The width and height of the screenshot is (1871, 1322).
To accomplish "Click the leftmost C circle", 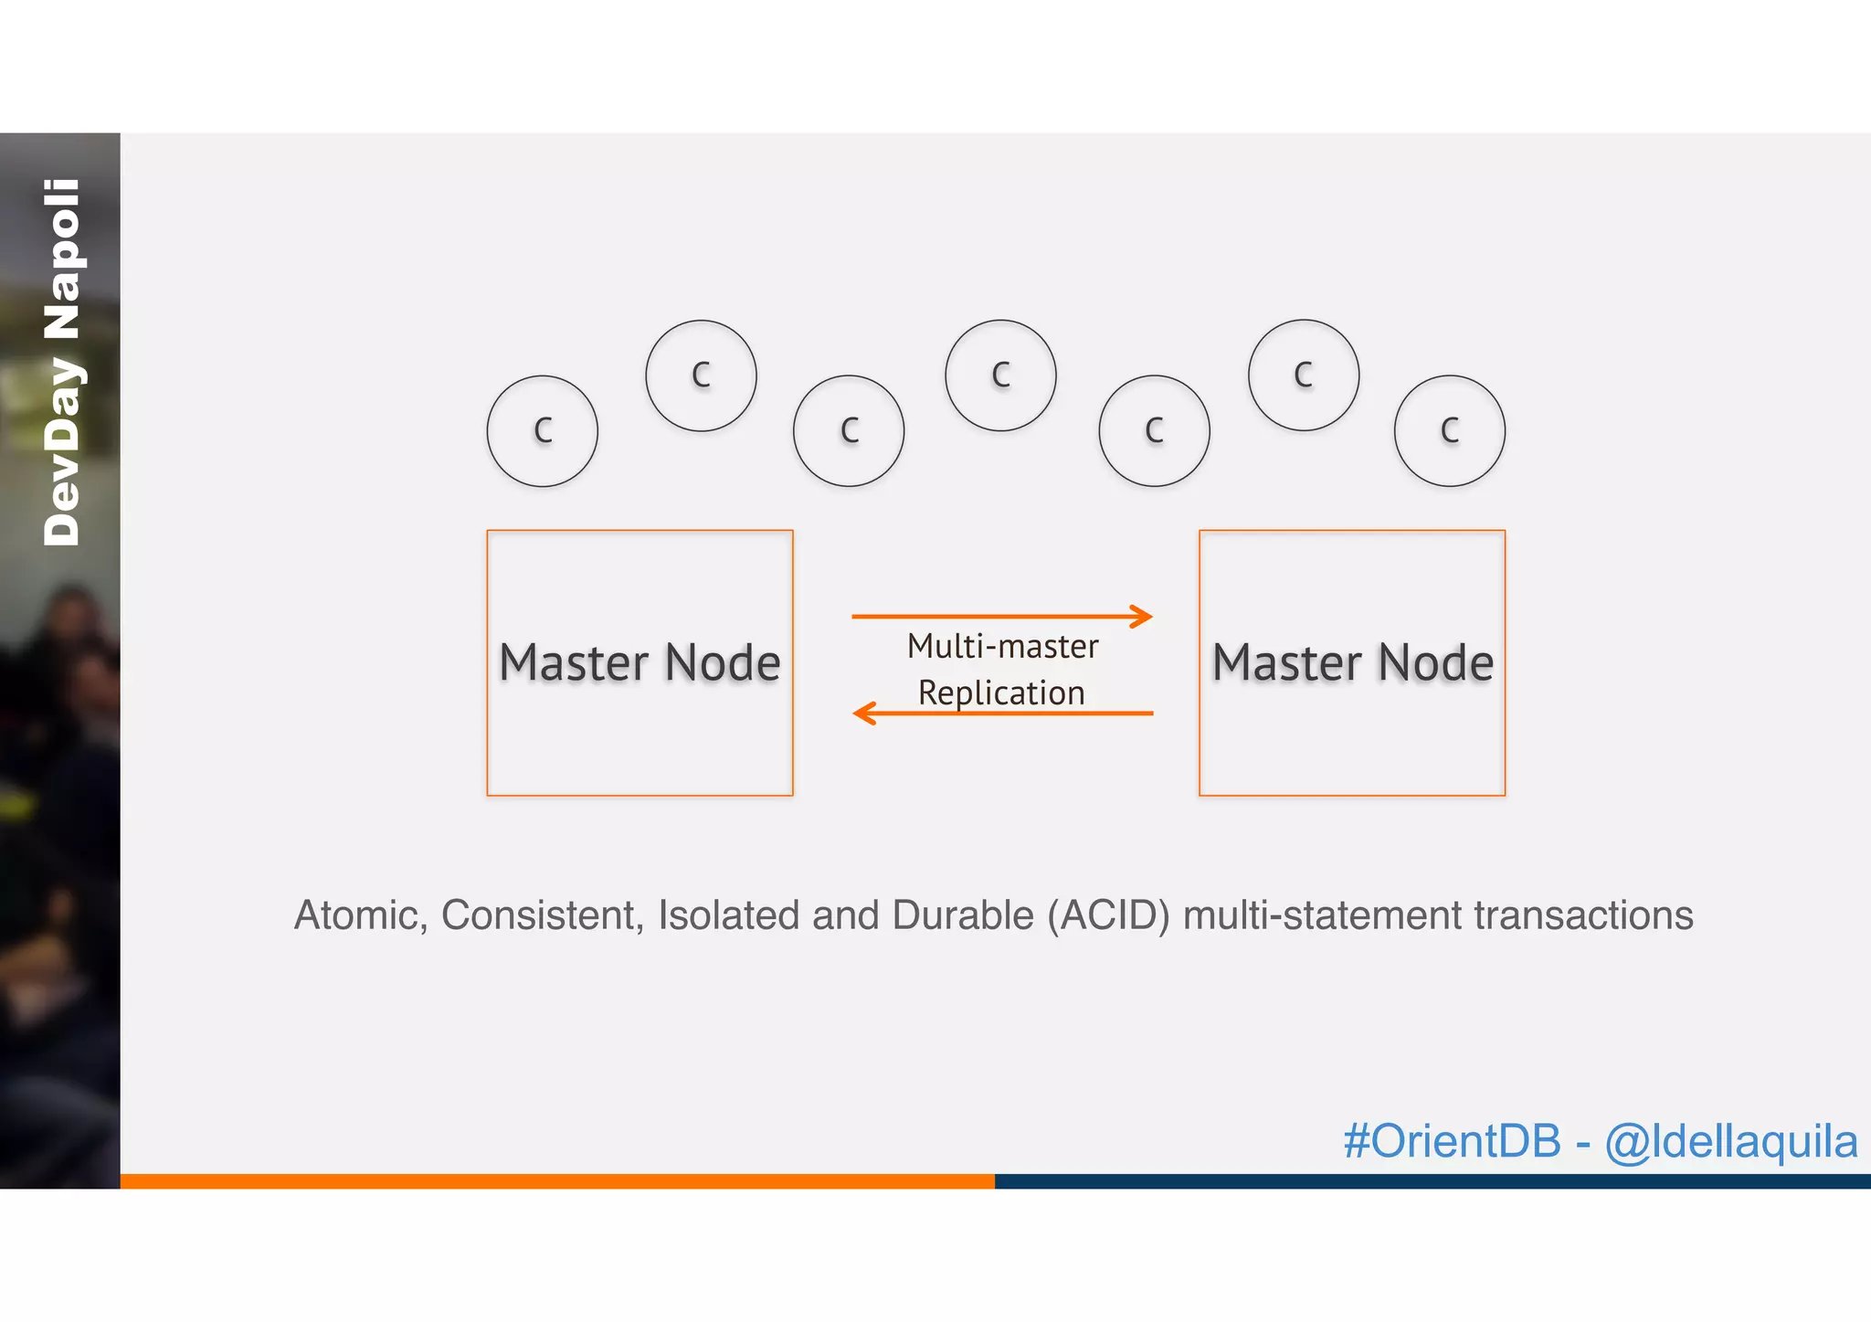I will [x=542, y=430].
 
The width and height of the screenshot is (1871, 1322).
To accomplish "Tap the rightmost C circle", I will [x=1449, y=430].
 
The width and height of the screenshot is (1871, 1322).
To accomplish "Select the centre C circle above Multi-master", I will [x=1000, y=375].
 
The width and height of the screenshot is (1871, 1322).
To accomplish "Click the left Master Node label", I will [x=640, y=662].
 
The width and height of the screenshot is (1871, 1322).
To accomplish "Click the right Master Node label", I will [x=1352, y=662].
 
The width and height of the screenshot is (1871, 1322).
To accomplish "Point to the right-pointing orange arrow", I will [x=1002, y=617].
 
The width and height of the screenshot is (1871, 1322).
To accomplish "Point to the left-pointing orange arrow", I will [x=1002, y=713].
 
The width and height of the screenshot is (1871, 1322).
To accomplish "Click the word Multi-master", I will [x=1002, y=647].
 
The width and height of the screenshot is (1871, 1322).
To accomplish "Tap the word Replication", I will [x=1001, y=693].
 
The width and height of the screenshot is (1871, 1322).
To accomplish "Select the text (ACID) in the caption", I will [x=1108, y=915].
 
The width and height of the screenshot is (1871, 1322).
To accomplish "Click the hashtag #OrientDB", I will [x=1452, y=1141].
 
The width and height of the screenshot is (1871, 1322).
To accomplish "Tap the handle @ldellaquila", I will [x=1731, y=1141].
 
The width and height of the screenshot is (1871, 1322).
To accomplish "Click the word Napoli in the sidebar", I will [x=62, y=259].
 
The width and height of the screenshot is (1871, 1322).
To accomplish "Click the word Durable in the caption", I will [x=963, y=915].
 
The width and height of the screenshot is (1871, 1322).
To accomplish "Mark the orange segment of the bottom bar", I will [x=557, y=1180].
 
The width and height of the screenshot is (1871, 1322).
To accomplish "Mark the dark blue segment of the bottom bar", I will [x=1432, y=1180].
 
